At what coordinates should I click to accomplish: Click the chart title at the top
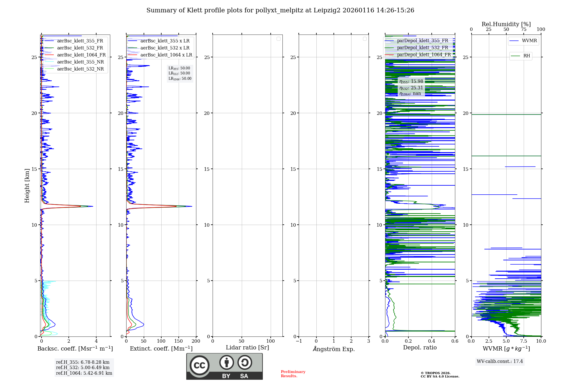click(x=280, y=10)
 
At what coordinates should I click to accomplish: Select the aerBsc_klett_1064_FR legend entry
click(x=81, y=55)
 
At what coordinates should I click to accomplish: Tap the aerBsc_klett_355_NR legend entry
click(x=80, y=62)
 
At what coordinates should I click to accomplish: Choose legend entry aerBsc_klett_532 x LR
click(x=165, y=48)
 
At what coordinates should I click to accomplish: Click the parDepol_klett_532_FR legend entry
click(x=422, y=48)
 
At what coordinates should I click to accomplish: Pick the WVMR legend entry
click(x=529, y=41)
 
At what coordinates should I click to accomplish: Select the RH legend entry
click(x=526, y=56)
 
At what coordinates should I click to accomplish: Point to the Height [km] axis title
click(x=27, y=186)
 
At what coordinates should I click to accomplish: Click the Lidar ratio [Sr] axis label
click(x=247, y=347)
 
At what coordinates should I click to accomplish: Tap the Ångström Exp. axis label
click(x=334, y=349)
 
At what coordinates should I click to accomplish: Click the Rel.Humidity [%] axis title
click(x=506, y=24)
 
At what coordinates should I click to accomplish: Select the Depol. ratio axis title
click(x=420, y=347)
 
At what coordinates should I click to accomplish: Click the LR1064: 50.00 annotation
click(x=180, y=79)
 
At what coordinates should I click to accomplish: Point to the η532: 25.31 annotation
click(x=411, y=88)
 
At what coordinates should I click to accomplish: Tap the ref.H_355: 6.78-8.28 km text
click(x=83, y=362)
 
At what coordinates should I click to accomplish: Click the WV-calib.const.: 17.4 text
click(x=500, y=361)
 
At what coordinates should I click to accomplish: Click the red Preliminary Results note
click(x=293, y=374)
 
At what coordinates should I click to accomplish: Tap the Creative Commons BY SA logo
click(x=224, y=366)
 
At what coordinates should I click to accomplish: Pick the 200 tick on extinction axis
click(x=196, y=341)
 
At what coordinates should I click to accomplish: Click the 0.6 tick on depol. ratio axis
click(x=455, y=341)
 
